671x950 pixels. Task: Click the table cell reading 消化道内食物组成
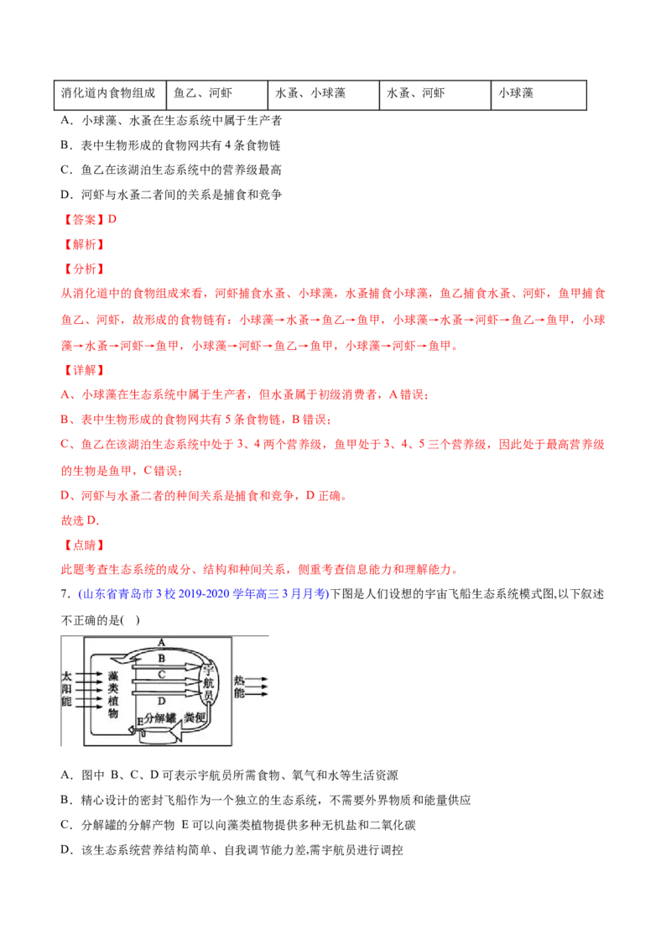coord(109,94)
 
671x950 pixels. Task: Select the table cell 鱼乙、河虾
coord(216,94)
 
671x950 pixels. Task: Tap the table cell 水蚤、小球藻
coord(324,94)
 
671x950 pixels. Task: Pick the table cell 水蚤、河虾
coord(434,94)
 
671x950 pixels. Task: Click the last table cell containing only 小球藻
coord(538,94)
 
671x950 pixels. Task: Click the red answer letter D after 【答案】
coord(112,219)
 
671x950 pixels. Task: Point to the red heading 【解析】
coord(84,244)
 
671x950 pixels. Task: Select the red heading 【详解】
coord(84,369)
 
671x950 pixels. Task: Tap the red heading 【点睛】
coord(84,545)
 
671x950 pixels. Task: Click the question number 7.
coord(65,594)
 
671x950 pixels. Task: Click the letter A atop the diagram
coord(161,642)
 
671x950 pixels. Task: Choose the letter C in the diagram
coord(161,675)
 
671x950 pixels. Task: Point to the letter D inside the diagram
coord(162,701)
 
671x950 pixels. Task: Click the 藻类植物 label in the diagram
coord(113,694)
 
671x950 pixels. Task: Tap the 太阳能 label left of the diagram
coord(66,689)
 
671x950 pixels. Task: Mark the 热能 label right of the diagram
coord(240,687)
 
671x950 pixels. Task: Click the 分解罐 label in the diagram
coord(160,718)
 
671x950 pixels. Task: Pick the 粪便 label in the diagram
coord(195,718)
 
